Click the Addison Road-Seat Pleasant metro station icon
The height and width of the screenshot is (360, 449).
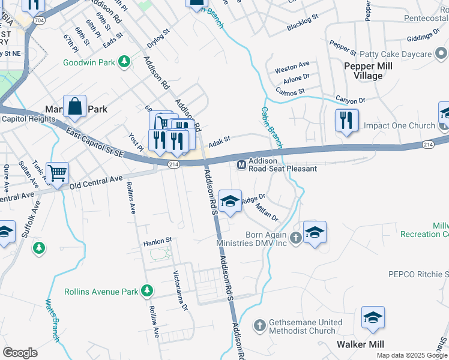click(242, 164)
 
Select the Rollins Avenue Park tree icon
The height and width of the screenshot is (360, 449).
click(146, 292)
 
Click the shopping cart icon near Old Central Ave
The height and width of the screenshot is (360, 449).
click(58, 173)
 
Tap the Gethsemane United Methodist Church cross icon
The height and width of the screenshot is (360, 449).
click(260, 326)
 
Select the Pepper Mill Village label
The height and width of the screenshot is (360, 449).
click(368, 71)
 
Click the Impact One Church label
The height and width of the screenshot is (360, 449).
click(399, 125)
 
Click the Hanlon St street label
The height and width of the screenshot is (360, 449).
click(157, 243)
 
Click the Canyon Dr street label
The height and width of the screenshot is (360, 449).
click(350, 100)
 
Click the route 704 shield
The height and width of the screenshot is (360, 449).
click(40, 20)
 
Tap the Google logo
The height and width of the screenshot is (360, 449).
click(20, 353)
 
